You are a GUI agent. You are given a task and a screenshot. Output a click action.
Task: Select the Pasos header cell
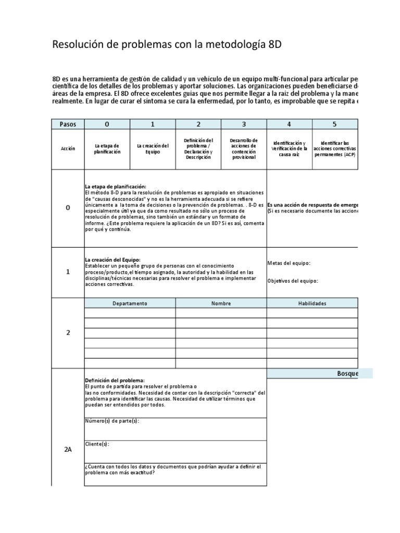pyautogui.click(x=68, y=124)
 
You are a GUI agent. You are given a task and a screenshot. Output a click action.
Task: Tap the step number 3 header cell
pyautogui.click(x=244, y=124)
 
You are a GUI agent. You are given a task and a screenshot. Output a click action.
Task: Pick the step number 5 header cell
pyautogui.click(x=335, y=124)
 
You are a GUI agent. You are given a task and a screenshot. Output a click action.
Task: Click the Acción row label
pyautogui.click(x=68, y=148)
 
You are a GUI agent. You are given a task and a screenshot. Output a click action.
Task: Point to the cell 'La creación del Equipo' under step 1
pyautogui.click(x=153, y=148)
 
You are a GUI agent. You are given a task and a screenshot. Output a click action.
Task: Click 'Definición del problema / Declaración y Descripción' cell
pyautogui.click(x=198, y=148)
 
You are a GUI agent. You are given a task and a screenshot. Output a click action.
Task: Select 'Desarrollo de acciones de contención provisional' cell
pyautogui.click(x=244, y=148)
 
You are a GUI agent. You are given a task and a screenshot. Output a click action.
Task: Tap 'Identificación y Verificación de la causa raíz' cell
pyautogui.click(x=289, y=148)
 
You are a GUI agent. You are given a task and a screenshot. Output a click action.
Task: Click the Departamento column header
pyautogui.click(x=130, y=303)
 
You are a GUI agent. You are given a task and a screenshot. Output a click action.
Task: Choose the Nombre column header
pyautogui.click(x=221, y=303)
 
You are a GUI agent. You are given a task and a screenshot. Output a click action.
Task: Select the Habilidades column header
pyautogui.click(x=312, y=303)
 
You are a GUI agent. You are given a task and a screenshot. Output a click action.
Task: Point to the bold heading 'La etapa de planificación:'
pyautogui.click(x=115, y=187)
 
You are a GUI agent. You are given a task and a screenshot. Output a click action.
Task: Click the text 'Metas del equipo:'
pyautogui.click(x=289, y=263)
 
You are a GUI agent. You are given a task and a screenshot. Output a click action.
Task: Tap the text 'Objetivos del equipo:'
pyautogui.click(x=292, y=281)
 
